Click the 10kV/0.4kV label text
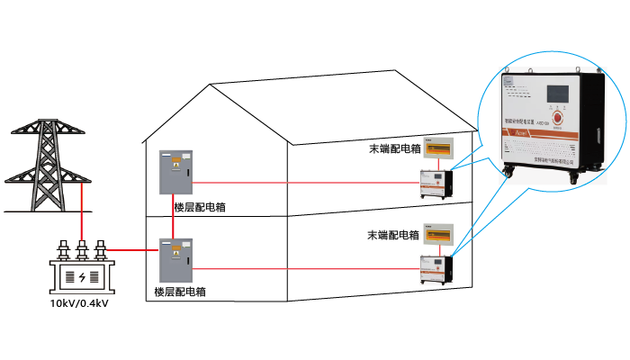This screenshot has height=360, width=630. point(82,302)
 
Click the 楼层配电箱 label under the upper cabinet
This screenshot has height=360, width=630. point(200,207)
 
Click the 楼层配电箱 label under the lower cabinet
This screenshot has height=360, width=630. point(180,292)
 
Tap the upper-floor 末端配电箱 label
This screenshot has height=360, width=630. point(395,148)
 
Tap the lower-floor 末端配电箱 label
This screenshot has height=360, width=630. point(393,235)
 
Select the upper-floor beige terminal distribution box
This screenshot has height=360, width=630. point(437,151)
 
